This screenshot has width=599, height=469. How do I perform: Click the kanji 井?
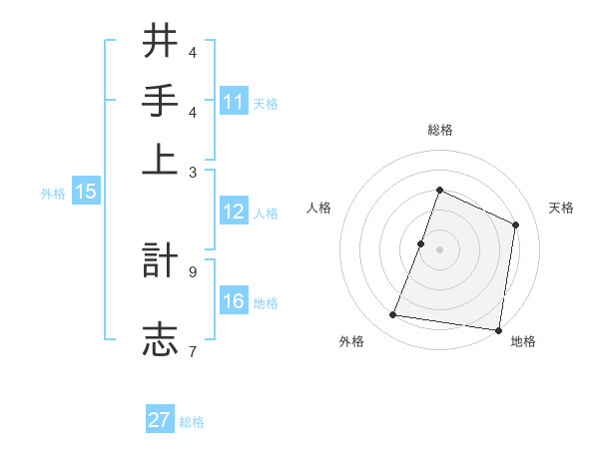(160, 41)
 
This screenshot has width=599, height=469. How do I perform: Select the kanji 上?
(160, 161)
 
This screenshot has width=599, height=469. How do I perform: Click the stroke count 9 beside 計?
(193, 270)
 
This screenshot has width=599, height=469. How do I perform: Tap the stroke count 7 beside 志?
(193, 350)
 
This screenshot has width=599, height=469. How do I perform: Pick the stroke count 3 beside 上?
(193, 172)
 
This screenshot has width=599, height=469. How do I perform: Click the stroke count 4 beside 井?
(193, 52)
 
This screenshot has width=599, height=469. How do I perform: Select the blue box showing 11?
(234, 101)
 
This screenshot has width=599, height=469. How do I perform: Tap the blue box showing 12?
(234, 212)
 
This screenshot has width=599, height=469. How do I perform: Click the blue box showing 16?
(234, 302)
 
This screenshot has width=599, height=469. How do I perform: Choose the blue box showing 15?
(86, 193)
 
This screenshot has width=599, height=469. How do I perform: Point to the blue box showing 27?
(160, 420)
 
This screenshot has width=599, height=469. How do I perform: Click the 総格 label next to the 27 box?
(192, 422)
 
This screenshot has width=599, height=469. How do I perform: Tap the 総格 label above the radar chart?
(439, 130)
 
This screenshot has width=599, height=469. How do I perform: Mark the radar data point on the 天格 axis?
(516, 225)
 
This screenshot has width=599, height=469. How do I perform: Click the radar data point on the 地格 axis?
(498, 330)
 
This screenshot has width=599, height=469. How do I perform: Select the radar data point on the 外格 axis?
(393, 315)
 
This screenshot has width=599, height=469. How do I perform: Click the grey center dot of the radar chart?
(439, 249)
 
